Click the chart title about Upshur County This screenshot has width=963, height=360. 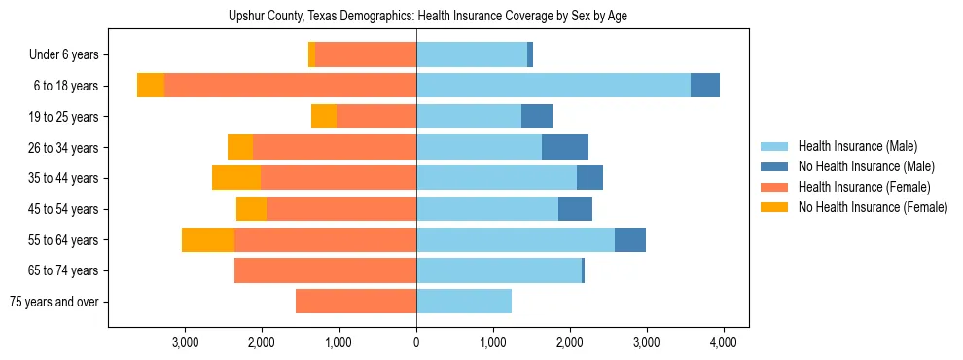click(434, 17)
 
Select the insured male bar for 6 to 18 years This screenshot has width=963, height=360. click(553, 86)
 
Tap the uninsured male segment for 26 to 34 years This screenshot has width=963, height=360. click(564, 147)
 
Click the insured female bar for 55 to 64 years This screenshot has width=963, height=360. click(325, 239)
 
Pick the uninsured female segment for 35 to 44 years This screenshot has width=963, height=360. click(236, 178)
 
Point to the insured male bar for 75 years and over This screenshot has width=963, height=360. click(463, 302)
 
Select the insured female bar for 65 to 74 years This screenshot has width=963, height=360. click(325, 270)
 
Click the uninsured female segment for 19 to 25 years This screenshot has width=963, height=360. click(324, 117)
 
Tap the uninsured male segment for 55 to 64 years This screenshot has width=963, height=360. click(629, 239)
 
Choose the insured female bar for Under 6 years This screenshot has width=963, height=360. click(366, 54)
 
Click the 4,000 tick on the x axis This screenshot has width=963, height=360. click(723, 342)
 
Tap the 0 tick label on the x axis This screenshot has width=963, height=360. click(416, 342)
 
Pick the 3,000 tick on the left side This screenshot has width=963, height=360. click(185, 342)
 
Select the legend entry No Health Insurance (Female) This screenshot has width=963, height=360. click(872, 207)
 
